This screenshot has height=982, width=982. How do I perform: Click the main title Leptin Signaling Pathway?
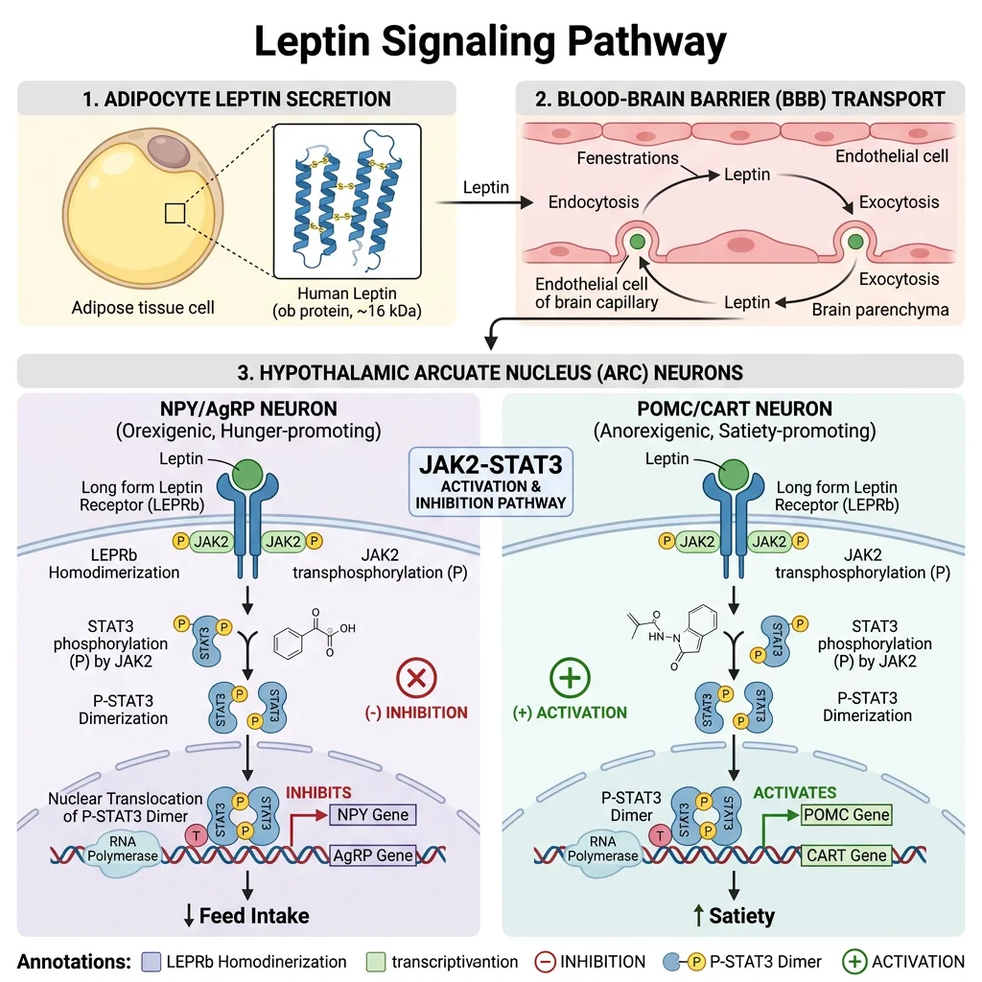pos(490,42)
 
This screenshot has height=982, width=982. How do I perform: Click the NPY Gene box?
pos(370,815)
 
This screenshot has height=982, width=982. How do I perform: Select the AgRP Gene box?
pos(373,855)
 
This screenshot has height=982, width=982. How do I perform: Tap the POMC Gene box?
pos(846,815)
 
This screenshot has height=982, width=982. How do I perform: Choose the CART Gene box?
pos(846,855)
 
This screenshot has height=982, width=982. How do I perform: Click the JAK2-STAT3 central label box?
pos(491,480)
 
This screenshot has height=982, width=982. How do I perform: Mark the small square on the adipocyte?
pos(175,213)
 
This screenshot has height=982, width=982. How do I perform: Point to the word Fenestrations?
pos(628,157)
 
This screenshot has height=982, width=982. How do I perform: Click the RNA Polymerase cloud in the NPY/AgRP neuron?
pos(129,849)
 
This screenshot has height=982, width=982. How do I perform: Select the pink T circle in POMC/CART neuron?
pos(660,834)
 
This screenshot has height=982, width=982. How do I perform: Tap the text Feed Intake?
pos(254,916)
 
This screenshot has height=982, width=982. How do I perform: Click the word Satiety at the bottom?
pos(741,916)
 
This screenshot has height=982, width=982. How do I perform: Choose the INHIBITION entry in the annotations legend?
pos(591,961)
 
